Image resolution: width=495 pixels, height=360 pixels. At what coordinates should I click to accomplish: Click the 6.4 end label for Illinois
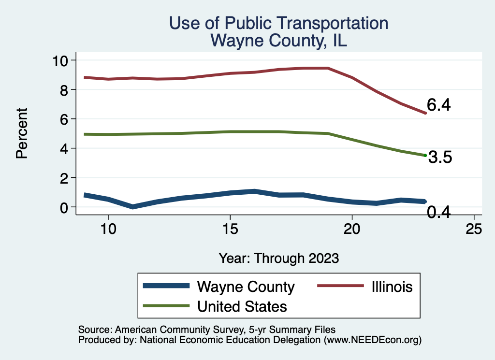pos(438,105)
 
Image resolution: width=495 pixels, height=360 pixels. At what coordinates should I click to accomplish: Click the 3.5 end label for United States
pos(440,158)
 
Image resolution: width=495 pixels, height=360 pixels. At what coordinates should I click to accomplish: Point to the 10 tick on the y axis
pos(61,60)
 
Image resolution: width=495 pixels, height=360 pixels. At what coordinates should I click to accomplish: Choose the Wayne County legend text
pos(246,287)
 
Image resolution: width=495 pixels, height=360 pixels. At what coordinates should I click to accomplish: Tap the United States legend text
pos(242,306)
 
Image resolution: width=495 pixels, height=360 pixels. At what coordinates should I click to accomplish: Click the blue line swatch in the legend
pos(166,286)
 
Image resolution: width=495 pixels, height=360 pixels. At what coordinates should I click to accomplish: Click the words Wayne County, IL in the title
pos(279,41)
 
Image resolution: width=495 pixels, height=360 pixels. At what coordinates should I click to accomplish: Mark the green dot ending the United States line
pos(425,155)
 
